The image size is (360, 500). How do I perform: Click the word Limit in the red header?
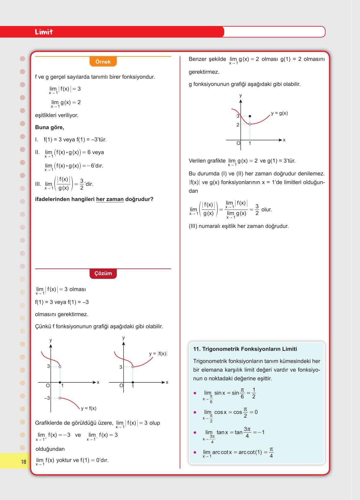(x=44, y=32)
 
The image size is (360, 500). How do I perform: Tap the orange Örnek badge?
(x=103, y=62)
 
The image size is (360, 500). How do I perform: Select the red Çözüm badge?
(x=103, y=273)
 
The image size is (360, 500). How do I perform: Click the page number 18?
(x=24, y=462)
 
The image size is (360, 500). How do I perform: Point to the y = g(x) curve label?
(x=279, y=113)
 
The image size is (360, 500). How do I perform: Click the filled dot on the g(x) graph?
(x=250, y=116)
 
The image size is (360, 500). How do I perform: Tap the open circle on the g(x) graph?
(x=250, y=124)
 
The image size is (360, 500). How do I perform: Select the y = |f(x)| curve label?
(x=158, y=354)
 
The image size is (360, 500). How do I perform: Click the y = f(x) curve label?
(x=89, y=408)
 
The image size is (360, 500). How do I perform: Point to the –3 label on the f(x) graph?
(x=47, y=398)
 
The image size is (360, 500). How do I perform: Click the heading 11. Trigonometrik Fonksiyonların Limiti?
(x=245, y=349)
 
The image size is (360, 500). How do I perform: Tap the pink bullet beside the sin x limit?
(x=195, y=393)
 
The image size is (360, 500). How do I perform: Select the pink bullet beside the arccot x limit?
(x=195, y=452)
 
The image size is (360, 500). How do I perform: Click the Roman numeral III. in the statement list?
(x=38, y=184)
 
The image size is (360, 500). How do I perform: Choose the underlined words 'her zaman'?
(x=110, y=199)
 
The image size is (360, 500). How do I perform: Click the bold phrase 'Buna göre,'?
(x=50, y=127)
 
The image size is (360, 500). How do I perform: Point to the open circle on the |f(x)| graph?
(x=133, y=367)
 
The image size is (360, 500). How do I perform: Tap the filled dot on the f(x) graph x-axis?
(x=60, y=382)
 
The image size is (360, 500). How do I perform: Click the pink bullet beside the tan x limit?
(x=195, y=433)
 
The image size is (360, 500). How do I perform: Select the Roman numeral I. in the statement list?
(x=37, y=140)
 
